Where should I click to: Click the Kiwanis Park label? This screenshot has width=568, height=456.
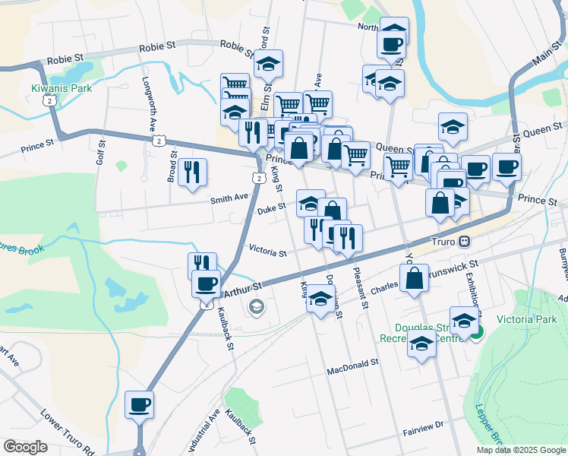click(62, 88)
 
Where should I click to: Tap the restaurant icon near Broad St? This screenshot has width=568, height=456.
click(193, 172)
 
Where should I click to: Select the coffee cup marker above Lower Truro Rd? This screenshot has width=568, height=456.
click(139, 404)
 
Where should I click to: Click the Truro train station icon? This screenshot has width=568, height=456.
click(465, 242)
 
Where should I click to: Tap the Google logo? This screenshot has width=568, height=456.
click(25, 447)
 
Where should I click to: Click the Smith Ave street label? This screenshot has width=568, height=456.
click(229, 198)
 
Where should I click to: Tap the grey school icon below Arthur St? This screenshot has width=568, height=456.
click(257, 307)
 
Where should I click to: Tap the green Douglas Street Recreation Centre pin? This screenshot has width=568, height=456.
click(476, 332)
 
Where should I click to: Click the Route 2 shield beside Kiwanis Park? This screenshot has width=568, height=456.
click(49, 100)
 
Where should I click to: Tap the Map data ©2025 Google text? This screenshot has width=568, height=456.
click(520, 450)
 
